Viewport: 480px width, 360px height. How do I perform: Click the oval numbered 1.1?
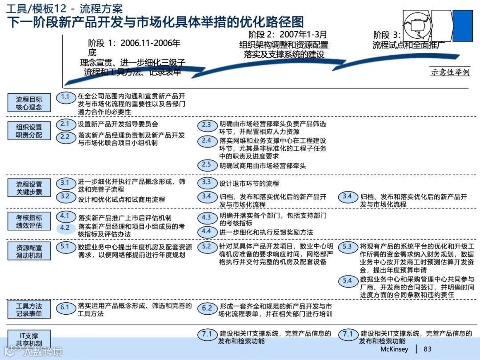(x=65, y=97)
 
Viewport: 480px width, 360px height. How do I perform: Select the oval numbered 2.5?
(x=207, y=165)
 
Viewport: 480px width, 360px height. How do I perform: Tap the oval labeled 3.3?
(x=207, y=182)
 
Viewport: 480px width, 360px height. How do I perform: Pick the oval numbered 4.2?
(x=65, y=228)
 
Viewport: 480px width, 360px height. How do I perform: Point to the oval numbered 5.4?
(x=348, y=280)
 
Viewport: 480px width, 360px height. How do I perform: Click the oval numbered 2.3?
(x=207, y=125)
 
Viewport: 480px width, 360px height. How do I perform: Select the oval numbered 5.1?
(x=65, y=246)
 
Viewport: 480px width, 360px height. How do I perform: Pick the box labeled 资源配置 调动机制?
(x=29, y=251)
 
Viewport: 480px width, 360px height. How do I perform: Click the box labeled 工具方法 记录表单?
(x=29, y=310)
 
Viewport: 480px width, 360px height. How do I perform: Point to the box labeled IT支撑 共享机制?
(x=29, y=339)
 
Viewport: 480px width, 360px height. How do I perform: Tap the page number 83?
(x=428, y=349)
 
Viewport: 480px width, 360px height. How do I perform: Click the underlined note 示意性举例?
(x=450, y=72)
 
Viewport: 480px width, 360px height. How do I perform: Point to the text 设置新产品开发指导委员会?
(x=118, y=124)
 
